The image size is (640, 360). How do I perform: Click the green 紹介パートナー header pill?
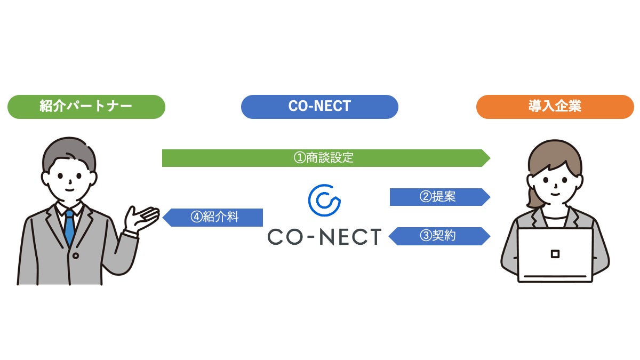point(86,107)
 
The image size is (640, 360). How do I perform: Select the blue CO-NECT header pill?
point(319,107)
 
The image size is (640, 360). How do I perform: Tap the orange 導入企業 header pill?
point(555,107)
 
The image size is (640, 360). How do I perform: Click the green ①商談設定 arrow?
point(325,158)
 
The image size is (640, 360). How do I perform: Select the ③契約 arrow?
point(438,236)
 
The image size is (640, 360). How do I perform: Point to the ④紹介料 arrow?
point(213,218)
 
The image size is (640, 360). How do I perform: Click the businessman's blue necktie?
point(69,227)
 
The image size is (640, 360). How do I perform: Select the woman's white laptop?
point(555,254)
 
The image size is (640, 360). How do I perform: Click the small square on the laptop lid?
point(555,254)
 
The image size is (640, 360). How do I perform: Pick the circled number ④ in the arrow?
point(196,218)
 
